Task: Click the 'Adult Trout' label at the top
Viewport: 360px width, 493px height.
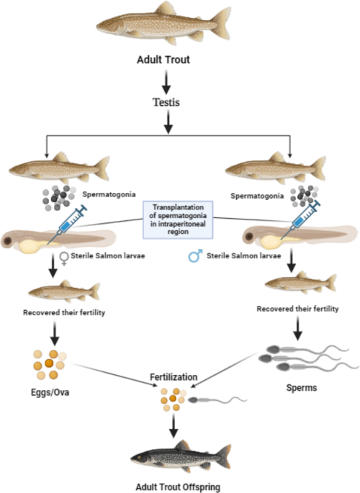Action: (163, 60)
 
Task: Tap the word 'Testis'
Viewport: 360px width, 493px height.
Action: (166, 102)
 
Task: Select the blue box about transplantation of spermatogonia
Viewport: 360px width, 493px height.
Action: (178, 220)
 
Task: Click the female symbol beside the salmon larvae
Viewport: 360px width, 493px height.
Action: (64, 258)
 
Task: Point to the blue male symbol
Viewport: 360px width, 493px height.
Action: (195, 256)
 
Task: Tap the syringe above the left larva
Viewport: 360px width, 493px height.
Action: (68, 223)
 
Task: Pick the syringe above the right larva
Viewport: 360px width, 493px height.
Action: (300, 220)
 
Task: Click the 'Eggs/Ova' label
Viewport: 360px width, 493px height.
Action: (50, 392)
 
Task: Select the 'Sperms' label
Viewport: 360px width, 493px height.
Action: (302, 388)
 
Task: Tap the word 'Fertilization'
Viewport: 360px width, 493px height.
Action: (174, 377)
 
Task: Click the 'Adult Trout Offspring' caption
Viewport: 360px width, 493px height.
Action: (178, 487)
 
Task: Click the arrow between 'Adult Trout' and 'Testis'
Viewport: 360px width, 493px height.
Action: (166, 82)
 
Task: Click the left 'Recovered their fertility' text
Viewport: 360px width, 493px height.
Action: (64, 312)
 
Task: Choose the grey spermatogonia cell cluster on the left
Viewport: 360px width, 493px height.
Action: (59, 198)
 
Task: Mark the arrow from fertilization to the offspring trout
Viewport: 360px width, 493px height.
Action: (174, 426)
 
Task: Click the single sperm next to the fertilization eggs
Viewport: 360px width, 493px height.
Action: (217, 400)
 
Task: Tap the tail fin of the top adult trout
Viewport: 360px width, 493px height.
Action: (221, 24)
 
